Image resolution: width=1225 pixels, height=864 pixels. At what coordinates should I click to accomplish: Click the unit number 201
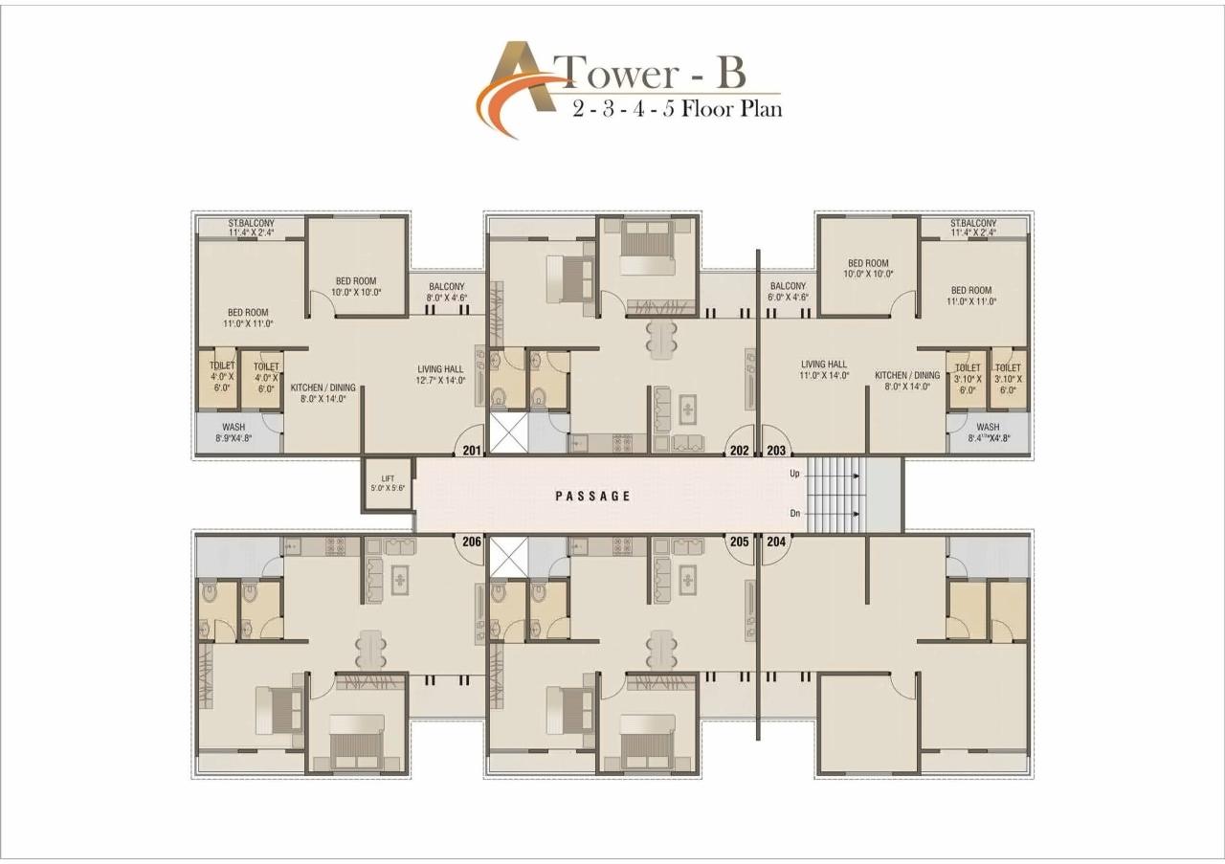pyautogui.click(x=471, y=450)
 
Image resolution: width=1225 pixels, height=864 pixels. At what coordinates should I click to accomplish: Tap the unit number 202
pyautogui.click(x=739, y=450)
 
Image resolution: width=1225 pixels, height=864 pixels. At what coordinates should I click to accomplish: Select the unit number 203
pyautogui.click(x=775, y=450)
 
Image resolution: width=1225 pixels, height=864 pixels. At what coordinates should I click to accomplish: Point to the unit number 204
pyautogui.click(x=775, y=542)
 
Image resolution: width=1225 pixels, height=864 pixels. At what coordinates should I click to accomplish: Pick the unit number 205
pyautogui.click(x=739, y=542)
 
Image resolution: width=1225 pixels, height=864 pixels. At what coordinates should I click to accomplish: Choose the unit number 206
pyautogui.click(x=471, y=542)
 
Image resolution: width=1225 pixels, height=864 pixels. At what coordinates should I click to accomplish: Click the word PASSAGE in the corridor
pyautogui.click(x=593, y=496)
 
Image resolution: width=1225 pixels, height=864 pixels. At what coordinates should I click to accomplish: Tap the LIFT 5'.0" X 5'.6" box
pyautogui.click(x=388, y=483)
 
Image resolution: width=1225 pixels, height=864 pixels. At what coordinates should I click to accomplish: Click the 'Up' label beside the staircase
pyautogui.click(x=794, y=474)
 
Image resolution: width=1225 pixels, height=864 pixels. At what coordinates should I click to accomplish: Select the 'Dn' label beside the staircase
pyautogui.click(x=794, y=515)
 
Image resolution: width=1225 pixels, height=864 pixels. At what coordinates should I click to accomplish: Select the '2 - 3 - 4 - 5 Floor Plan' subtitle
pyautogui.click(x=677, y=108)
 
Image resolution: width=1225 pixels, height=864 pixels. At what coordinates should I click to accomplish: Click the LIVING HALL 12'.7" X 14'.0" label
pyautogui.click(x=440, y=374)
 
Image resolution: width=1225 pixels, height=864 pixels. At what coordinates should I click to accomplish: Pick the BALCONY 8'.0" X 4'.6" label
pyautogui.click(x=446, y=292)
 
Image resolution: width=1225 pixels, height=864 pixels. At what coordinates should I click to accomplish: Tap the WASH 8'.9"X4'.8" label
pyautogui.click(x=234, y=433)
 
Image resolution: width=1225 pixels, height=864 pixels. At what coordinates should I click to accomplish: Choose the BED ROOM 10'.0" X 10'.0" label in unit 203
pyautogui.click(x=868, y=269)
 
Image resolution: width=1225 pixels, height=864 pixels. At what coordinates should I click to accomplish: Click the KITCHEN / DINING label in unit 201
pyautogui.click(x=323, y=393)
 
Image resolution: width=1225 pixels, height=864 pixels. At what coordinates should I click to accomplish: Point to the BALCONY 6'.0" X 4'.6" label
pyautogui.click(x=789, y=292)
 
